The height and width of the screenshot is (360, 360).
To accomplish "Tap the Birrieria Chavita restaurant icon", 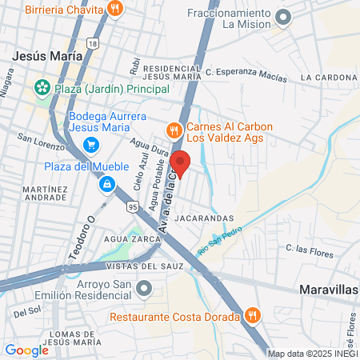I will pos(116,10).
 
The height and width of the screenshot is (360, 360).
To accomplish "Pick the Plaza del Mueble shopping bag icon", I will pos(106,184).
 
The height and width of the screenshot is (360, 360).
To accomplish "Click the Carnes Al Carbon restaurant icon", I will pos(173,130).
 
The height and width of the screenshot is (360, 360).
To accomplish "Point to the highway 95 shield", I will pos(133,207).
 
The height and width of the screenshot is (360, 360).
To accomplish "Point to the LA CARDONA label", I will pos(329,78).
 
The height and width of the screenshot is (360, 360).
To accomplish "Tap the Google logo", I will pos(26,350).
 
